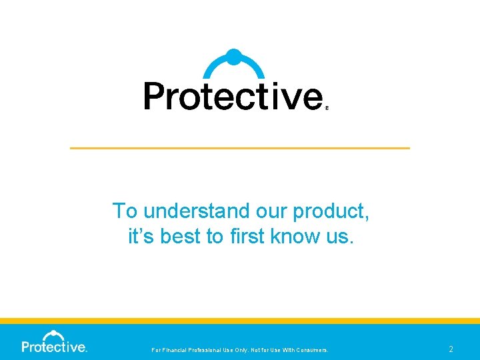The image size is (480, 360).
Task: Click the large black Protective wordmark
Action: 233,96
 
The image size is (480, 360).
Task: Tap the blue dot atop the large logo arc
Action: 233,57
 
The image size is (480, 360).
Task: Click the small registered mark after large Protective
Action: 327,106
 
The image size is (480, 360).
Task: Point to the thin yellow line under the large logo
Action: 240,147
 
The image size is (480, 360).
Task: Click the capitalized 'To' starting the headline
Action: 125,211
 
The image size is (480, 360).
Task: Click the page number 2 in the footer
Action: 451,349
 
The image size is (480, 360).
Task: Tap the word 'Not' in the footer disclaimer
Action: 261,349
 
